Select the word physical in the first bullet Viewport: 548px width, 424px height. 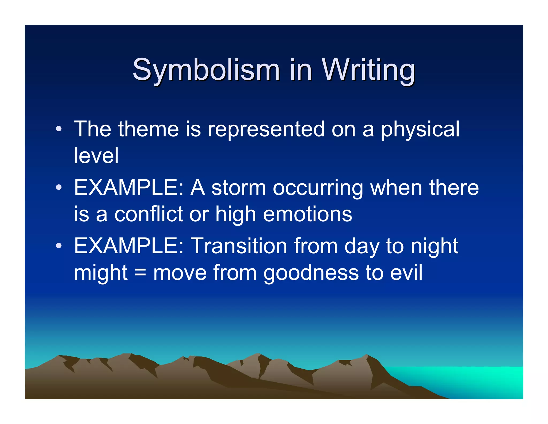pos(420,130)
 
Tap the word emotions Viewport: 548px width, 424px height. pos(307,214)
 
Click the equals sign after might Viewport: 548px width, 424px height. pos(140,273)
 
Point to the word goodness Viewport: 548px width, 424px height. pos(311,273)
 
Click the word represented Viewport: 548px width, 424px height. pos(266,130)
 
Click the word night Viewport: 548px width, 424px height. pos(434,246)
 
